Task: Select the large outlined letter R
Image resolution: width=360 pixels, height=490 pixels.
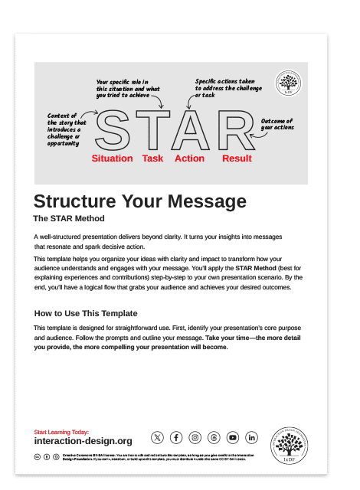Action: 237,131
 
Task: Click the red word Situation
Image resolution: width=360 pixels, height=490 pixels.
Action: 112,158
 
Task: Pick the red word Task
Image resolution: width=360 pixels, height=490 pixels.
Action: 152,158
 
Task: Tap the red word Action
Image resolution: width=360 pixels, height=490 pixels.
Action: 189,158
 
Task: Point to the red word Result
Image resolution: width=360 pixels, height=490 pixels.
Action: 237,158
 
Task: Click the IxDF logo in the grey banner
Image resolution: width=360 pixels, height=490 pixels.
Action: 288,83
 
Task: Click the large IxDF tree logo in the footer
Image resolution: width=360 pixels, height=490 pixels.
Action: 289,446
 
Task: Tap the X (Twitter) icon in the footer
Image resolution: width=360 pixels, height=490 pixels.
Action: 157,437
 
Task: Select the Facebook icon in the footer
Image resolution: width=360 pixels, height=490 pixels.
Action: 176,437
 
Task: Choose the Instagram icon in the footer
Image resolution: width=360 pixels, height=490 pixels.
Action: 195,437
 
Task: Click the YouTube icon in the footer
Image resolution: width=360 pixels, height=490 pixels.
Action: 233,437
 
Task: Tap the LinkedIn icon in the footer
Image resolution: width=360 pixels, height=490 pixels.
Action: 252,437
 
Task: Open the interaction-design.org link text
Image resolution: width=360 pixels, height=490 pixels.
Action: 83,442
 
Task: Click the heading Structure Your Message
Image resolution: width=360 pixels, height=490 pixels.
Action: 140,201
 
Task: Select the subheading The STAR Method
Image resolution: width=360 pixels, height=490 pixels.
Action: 68,218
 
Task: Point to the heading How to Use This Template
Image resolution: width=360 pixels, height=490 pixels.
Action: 86,313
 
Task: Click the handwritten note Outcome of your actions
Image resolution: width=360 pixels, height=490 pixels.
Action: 277,124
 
